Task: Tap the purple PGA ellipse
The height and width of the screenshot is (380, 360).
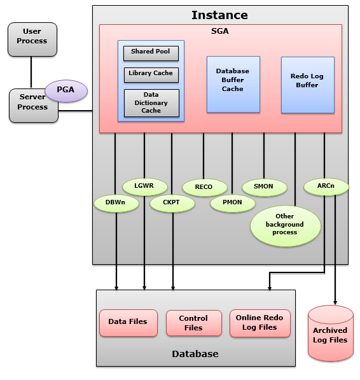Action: [x=66, y=90]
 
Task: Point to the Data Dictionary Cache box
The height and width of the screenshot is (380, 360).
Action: [x=151, y=103]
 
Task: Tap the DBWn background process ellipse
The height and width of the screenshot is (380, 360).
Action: [x=115, y=203]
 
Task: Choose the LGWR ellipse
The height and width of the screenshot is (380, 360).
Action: [x=144, y=186]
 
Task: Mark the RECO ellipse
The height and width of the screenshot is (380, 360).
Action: [x=204, y=187]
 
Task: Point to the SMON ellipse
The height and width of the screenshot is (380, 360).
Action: [x=263, y=186]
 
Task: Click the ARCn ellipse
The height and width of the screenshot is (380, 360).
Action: [x=325, y=186]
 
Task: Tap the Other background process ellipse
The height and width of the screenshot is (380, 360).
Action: [x=285, y=225]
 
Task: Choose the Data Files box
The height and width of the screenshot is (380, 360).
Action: [x=127, y=322]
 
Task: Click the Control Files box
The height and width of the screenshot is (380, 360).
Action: [x=193, y=323]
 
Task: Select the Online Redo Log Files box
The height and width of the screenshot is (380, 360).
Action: [x=260, y=323]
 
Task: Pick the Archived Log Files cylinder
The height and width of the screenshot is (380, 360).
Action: [x=330, y=335]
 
